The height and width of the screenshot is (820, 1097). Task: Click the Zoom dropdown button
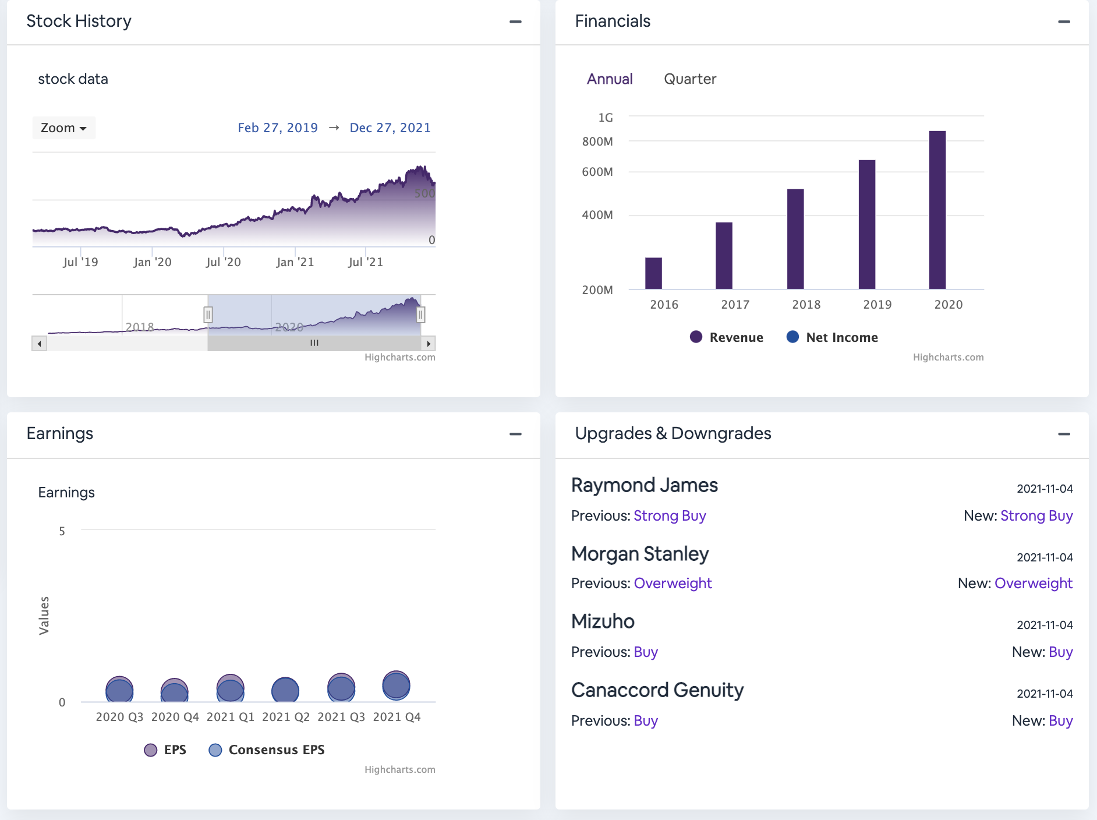pyautogui.click(x=63, y=128)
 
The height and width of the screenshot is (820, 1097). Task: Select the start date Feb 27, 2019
pyautogui.click(x=277, y=128)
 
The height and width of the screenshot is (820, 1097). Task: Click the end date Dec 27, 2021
pyautogui.click(x=390, y=128)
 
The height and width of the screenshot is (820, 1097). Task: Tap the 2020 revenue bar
pyautogui.click(x=937, y=210)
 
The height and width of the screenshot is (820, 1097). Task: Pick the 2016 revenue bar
pyautogui.click(x=653, y=273)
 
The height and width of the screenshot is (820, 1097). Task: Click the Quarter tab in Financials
pyautogui.click(x=689, y=79)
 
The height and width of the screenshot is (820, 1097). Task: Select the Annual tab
pyautogui.click(x=609, y=79)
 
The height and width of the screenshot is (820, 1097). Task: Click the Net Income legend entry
pyautogui.click(x=833, y=337)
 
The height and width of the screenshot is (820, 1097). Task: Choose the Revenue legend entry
pyautogui.click(x=727, y=337)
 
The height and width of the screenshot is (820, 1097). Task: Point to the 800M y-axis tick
pyautogui.click(x=597, y=142)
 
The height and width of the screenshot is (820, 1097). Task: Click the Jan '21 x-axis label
pyautogui.click(x=295, y=262)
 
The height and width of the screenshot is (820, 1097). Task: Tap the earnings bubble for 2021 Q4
pyautogui.click(x=396, y=685)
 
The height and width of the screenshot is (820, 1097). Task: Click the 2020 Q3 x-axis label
pyautogui.click(x=119, y=717)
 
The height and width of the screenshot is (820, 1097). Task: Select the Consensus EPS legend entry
pyautogui.click(x=267, y=750)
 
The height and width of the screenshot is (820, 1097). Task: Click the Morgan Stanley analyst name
pyautogui.click(x=639, y=554)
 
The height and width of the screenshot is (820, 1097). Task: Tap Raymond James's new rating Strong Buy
pyautogui.click(x=1036, y=516)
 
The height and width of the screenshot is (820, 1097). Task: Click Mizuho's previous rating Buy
pyautogui.click(x=645, y=652)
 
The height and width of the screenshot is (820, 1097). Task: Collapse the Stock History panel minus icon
pyautogui.click(x=515, y=22)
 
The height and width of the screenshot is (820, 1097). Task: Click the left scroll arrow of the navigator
pyautogui.click(x=39, y=344)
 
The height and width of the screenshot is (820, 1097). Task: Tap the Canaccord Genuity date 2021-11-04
pyautogui.click(x=1044, y=694)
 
